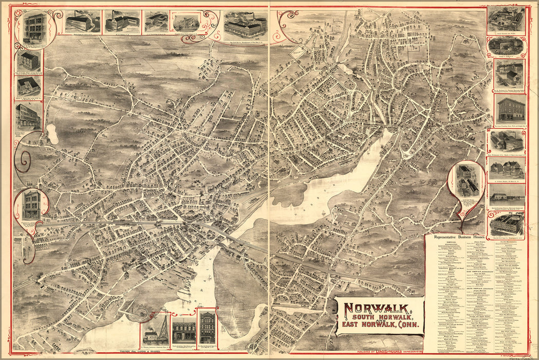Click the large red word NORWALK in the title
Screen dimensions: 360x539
[377, 309]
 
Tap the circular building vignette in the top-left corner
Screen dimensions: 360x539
[34, 27]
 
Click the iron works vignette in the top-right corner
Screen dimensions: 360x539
[506, 20]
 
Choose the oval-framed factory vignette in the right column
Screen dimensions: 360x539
[506, 46]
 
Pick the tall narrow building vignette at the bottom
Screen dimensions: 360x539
[208, 327]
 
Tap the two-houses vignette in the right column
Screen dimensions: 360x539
[507, 167]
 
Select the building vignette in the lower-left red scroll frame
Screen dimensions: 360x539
[31, 205]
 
